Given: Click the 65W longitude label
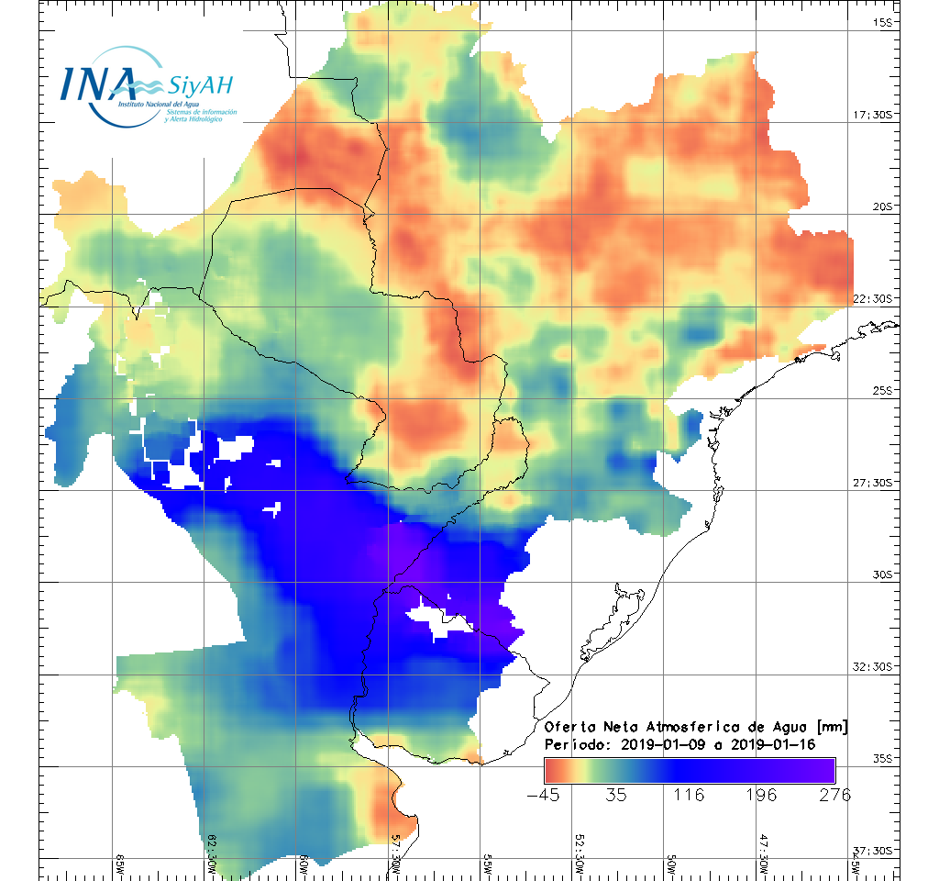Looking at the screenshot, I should pos(120,863).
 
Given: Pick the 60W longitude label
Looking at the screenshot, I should pos(304,863).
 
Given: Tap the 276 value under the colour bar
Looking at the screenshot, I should pos(834,795).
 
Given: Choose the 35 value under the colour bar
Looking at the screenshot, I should pos(617,795).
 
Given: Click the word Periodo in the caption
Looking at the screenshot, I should pos(575,744).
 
